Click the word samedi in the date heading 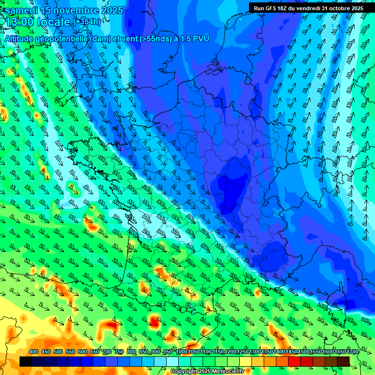pos(21,11)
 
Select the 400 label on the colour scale pos(34,352)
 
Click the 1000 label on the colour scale pos(182,352)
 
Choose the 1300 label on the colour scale pos(255,352)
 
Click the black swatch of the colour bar pos(26,361)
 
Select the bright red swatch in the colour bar pos(294,361)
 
